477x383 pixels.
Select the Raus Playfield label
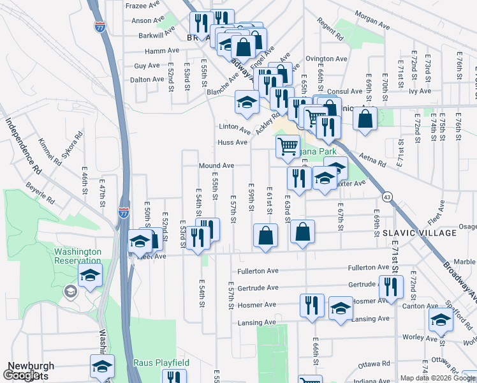click(x=161, y=363)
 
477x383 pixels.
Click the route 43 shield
click(x=387, y=197)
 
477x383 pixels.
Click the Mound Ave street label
click(x=216, y=165)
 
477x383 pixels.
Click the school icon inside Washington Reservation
click(x=91, y=275)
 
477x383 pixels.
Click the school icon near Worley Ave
click(x=441, y=320)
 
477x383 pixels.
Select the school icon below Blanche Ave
click(x=247, y=101)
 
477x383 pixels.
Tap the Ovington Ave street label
click(x=326, y=59)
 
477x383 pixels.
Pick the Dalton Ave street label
click(x=147, y=80)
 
